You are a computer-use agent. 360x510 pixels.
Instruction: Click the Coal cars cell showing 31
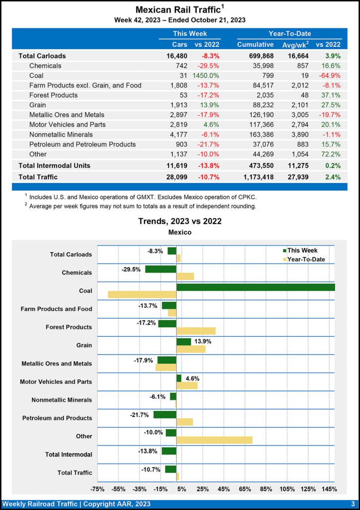pos(183,76)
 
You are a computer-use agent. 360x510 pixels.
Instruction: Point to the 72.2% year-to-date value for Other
pos(331,154)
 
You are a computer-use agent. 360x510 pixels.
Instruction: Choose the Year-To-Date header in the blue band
pos(290,33)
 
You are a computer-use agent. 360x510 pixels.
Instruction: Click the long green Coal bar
pos(255,287)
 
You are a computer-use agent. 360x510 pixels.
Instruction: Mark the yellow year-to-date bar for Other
pos(214,440)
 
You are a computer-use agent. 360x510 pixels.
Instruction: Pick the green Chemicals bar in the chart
pos(161,269)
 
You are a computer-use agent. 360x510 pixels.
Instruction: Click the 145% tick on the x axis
pos(330,489)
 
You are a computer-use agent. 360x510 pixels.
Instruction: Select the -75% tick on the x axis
pos(97,489)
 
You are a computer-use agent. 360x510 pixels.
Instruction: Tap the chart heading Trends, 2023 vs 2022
pos(180,221)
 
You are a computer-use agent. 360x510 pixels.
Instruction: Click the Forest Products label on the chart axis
pos(69,327)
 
